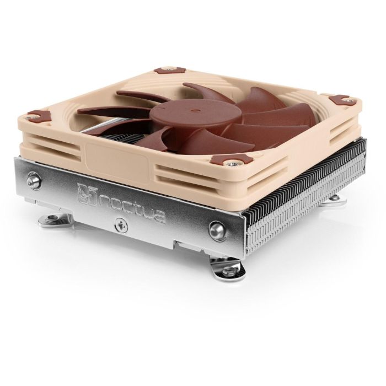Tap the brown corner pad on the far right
pyautogui.click(x=342, y=100)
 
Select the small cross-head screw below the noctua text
pyautogui.click(x=119, y=224)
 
